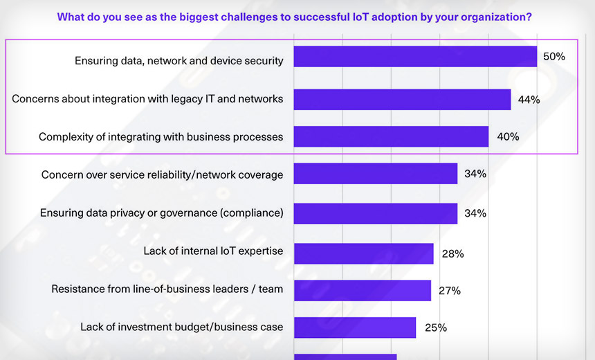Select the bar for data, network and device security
click(x=415, y=57)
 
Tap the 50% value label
click(x=554, y=57)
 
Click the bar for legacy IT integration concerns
click(x=402, y=99)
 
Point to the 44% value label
click(x=529, y=99)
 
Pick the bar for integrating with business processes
click(x=391, y=136)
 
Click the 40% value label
click(x=508, y=136)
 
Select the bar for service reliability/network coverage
click(x=376, y=174)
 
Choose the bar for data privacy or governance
click(x=376, y=213)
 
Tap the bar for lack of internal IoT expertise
click(x=364, y=253)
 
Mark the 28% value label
click(x=452, y=253)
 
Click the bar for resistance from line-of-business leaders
click(x=363, y=290)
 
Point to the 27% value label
click(x=450, y=290)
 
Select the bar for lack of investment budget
click(x=355, y=327)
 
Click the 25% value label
click(x=435, y=327)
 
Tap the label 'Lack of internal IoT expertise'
click(x=213, y=251)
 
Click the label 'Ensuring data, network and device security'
click(x=178, y=61)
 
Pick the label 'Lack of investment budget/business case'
click(x=181, y=326)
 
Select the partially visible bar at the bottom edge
click(x=345, y=357)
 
